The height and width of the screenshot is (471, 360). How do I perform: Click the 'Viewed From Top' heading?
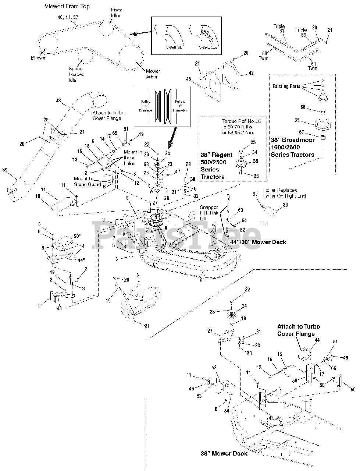coord(67,6)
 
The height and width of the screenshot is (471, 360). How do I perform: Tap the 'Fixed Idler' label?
coord(116,13)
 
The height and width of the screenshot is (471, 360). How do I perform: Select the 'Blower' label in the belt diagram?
coord(38,58)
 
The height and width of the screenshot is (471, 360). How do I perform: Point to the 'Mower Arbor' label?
coord(152,74)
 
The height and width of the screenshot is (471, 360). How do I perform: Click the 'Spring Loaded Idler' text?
coord(76,74)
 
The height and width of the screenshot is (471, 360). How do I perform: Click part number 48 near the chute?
coord(58,100)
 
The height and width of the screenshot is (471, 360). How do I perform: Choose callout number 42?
coord(251,73)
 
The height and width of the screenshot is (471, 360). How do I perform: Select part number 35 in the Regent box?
coord(256,161)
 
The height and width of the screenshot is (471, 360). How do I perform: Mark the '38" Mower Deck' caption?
coord(224,453)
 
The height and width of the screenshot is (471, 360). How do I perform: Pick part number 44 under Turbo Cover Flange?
coord(317,340)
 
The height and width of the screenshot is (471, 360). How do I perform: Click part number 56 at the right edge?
coord(353,389)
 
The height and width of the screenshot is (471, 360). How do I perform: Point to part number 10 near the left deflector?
coord(38,196)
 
